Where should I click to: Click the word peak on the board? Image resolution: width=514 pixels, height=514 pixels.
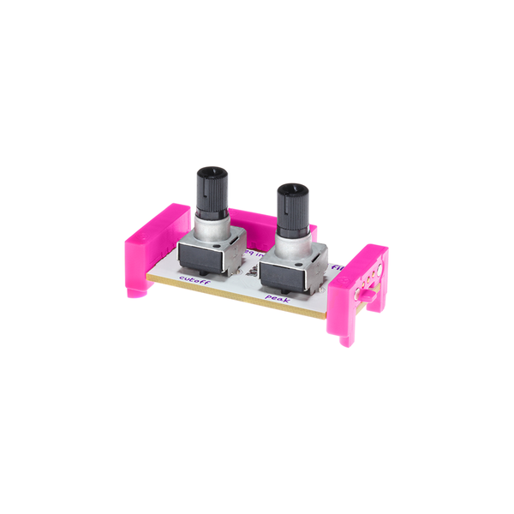click(277, 298)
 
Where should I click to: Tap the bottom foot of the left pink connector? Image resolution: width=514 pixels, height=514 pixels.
click(136, 291)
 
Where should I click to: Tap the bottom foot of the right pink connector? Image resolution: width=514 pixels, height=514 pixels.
click(345, 336)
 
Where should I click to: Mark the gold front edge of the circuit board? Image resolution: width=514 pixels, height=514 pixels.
click(240, 300)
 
